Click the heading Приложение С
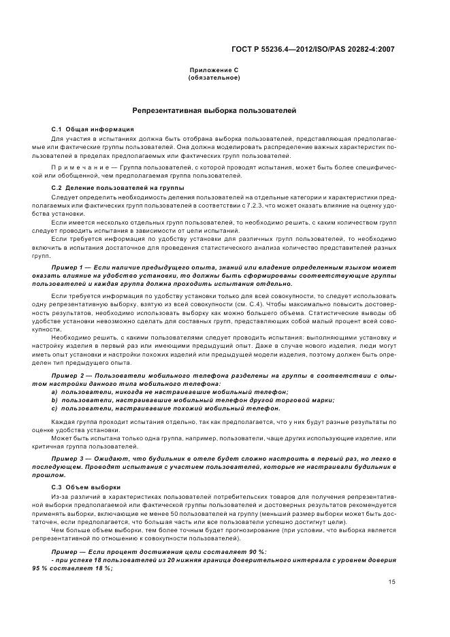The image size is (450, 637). coord(213,71)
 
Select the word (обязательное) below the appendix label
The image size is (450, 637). coord(213,78)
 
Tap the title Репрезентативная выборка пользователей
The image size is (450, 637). coord(214,110)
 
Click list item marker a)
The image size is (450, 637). coord(55,392)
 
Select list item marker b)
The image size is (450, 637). coord(55,400)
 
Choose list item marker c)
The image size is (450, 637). coord(55,408)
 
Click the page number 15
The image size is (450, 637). coord(391,582)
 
